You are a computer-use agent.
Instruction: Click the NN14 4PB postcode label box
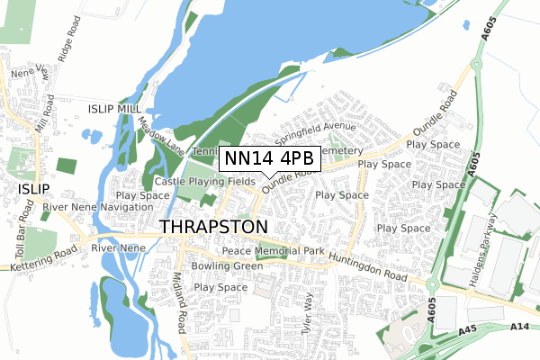tap(269, 158)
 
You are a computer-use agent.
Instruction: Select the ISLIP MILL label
tap(115, 108)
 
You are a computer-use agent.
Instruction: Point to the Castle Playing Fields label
tap(199, 181)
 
